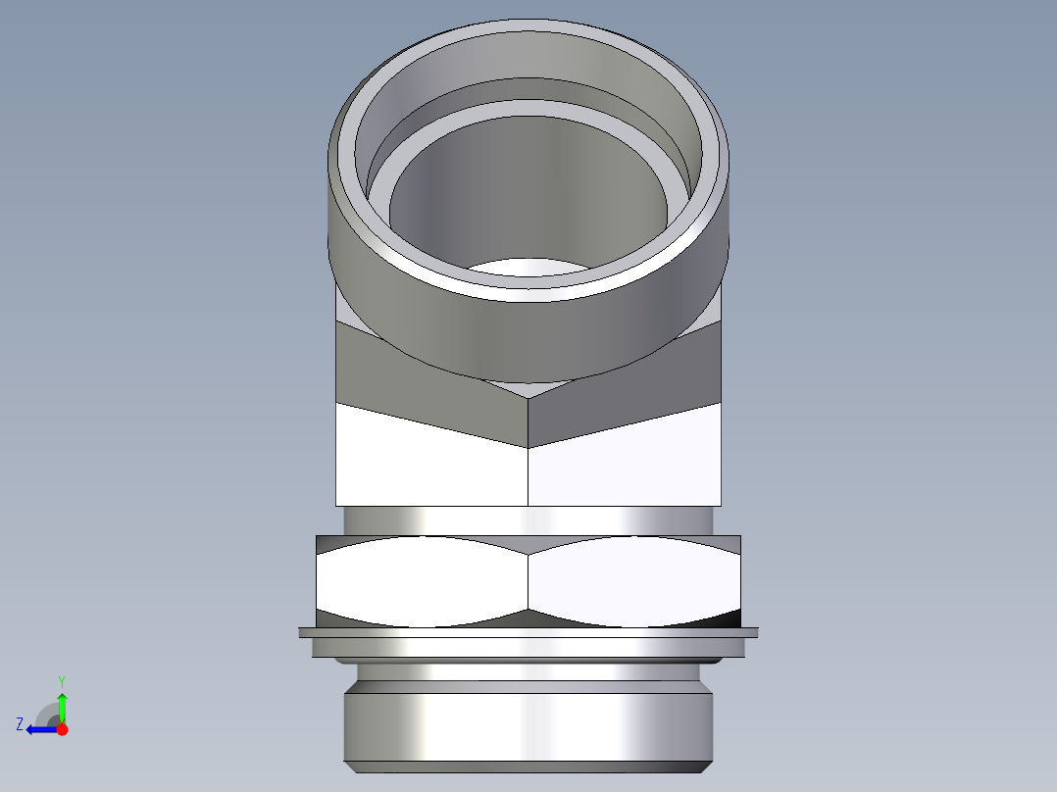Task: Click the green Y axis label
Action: click(62, 680)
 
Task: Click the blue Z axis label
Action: click(20, 724)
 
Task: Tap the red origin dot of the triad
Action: click(62, 729)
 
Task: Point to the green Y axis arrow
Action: click(62, 706)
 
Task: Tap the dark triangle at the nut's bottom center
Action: click(528, 619)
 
